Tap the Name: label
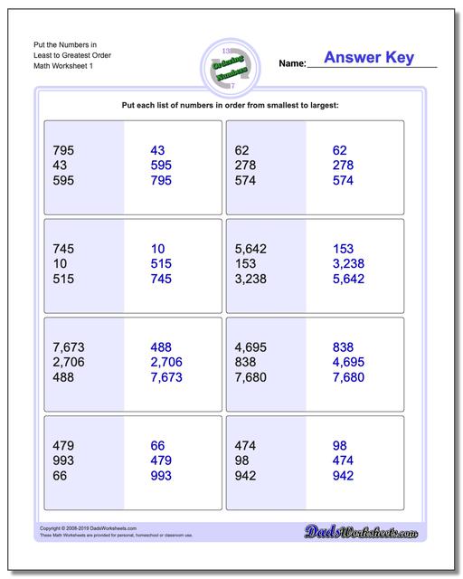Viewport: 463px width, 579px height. tap(292, 64)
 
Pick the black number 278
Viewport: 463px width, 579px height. tap(246, 166)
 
